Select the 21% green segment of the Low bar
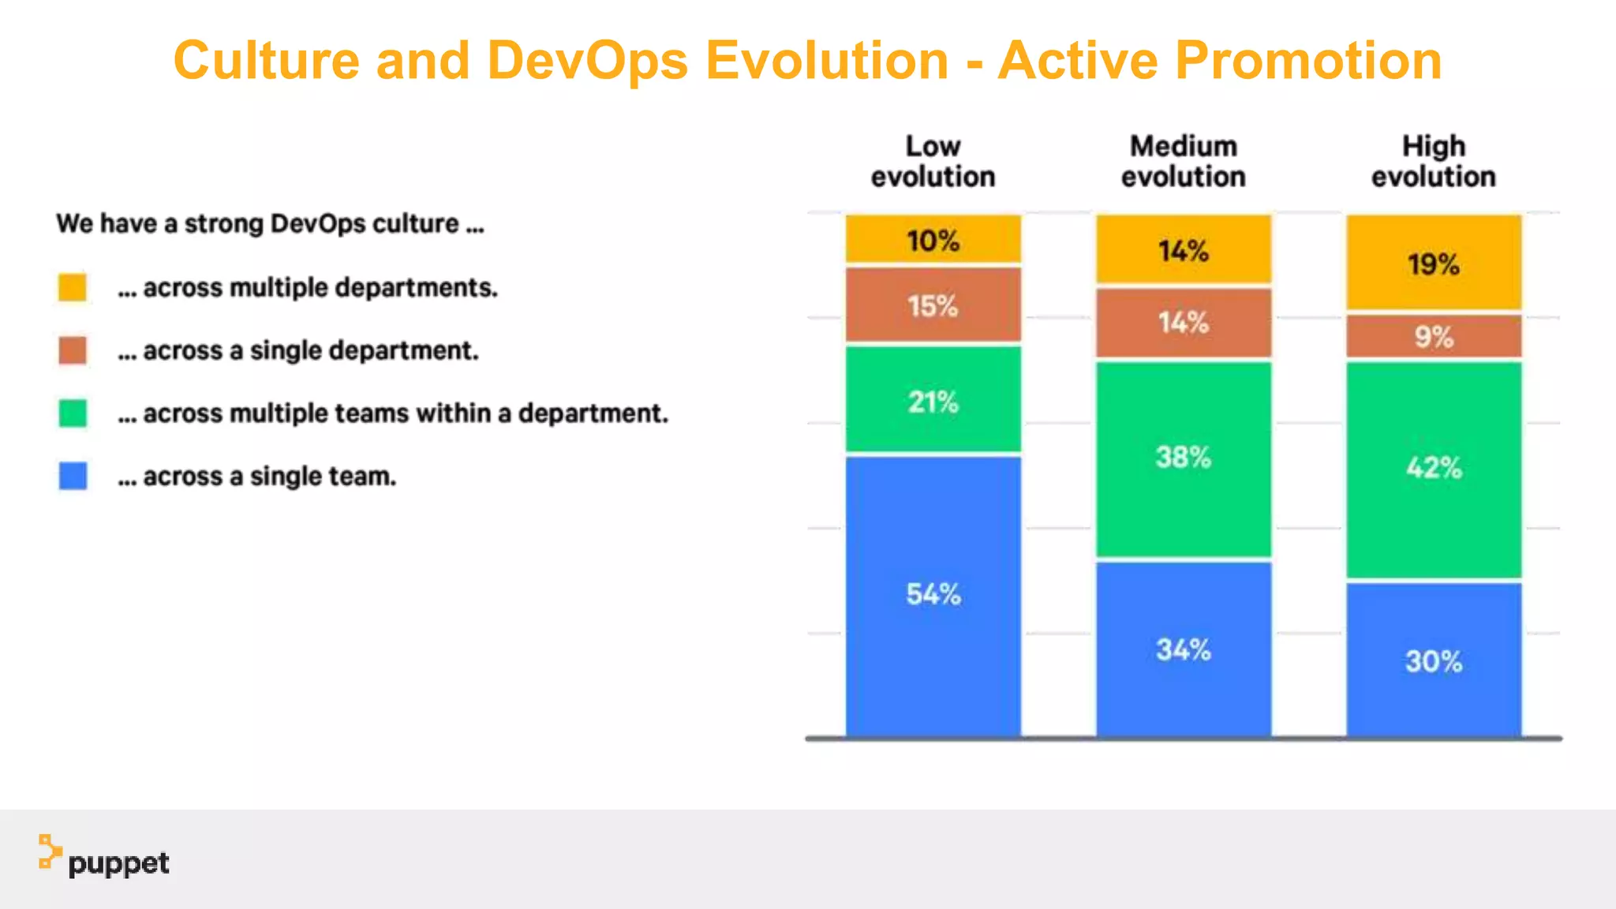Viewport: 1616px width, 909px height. tap(933, 400)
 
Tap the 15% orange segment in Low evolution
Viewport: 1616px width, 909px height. tap(933, 305)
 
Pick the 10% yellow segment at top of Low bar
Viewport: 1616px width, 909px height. tap(933, 239)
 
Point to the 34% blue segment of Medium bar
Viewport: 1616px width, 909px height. tap(1183, 649)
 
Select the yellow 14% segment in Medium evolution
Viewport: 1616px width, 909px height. tap(1183, 249)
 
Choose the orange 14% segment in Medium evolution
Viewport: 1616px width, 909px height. tap(1183, 323)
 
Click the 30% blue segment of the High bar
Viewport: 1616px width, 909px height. tap(1433, 660)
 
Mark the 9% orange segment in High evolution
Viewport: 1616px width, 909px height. tap(1433, 337)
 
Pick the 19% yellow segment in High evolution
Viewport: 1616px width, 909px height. tap(1433, 263)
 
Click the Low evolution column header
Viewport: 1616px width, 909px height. tap(933, 162)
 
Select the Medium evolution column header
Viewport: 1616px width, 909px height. tap(1183, 162)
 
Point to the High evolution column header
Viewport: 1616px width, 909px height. tap(1433, 162)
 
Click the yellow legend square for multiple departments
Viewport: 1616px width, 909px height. tap(73, 287)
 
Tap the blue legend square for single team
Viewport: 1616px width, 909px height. tap(73, 476)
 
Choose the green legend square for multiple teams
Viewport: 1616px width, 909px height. tap(73, 413)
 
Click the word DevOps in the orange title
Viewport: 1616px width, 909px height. tap(587, 61)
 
